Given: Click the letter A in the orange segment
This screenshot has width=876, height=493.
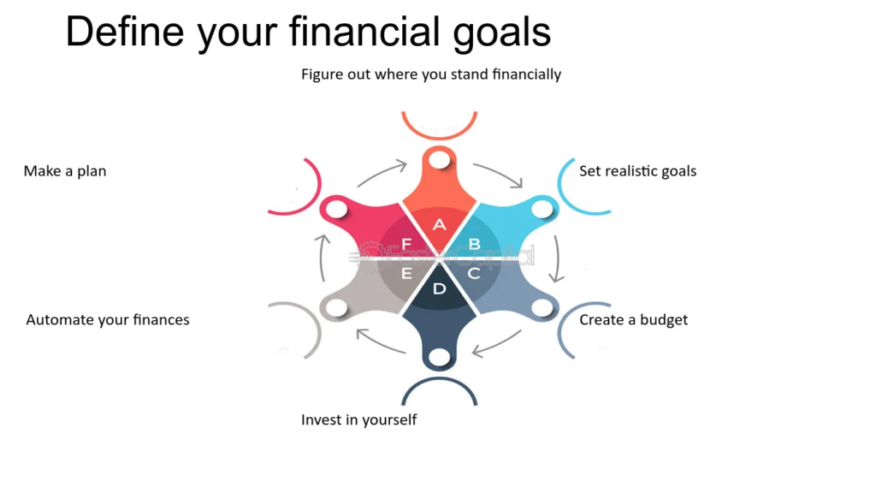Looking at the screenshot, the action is tap(439, 225).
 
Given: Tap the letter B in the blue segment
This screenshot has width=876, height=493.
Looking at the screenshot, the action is tap(474, 244).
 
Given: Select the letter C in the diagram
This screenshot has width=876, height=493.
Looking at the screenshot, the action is tap(474, 273).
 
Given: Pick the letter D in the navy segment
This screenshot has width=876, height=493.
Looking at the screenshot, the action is tap(440, 288).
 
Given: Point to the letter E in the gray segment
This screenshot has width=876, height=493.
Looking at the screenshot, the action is tap(406, 273).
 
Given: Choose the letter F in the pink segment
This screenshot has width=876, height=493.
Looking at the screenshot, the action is tap(406, 244).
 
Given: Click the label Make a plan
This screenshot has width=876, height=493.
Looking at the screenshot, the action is tap(65, 171).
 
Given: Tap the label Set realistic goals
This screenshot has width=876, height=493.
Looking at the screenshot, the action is tap(637, 171).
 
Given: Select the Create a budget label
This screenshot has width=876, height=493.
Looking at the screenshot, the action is tap(634, 320).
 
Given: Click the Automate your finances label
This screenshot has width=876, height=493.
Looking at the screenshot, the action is tap(108, 320).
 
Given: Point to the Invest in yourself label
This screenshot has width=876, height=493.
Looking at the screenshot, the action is tap(358, 419).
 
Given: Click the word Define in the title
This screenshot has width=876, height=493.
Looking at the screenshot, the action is tap(125, 32).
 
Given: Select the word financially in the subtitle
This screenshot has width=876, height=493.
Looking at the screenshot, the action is tap(527, 74).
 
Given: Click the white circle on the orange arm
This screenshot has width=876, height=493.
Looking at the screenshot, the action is tap(440, 160).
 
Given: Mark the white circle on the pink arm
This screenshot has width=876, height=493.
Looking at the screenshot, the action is tap(337, 210).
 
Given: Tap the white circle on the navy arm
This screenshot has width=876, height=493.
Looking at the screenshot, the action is tap(440, 357).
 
